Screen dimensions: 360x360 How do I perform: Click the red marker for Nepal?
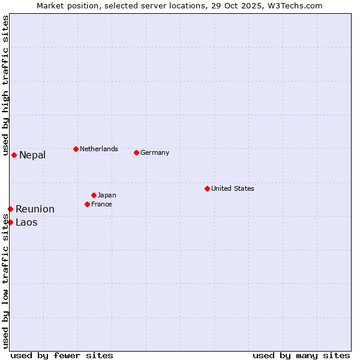[x=14, y=155]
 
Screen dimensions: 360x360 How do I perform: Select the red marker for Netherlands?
[x=76, y=149]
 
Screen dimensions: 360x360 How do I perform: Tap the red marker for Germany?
[x=136, y=152]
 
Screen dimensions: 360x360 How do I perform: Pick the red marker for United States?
[x=207, y=188]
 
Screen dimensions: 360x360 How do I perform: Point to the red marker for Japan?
[x=94, y=195]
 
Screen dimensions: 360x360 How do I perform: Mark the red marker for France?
[x=87, y=204]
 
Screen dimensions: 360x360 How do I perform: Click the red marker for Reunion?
[x=10, y=209]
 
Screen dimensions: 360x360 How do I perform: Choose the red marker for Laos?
[x=10, y=222]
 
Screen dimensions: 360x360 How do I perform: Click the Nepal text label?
[x=32, y=155]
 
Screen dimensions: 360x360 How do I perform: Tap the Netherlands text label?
[x=99, y=149]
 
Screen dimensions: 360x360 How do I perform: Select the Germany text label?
[x=155, y=152]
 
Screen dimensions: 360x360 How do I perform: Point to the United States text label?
[x=233, y=188]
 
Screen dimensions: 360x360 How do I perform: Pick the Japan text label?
[x=107, y=195]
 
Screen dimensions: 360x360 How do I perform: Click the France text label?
[x=101, y=204]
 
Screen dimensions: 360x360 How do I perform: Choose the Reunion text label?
[x=35, y=209]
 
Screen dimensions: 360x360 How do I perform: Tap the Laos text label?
[x=26, y=223]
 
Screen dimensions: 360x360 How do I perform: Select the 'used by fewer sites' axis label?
[x=62, y=355]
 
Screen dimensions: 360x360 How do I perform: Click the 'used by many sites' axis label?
[x=301, y=355]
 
